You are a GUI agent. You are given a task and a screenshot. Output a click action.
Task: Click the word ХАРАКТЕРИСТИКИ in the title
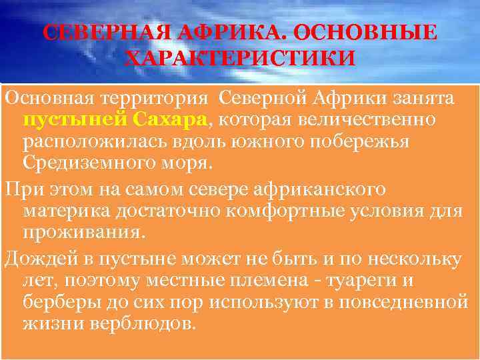pos(240,59)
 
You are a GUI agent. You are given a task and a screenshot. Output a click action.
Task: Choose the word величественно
pos(360,120)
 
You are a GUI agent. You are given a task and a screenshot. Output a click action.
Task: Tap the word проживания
pos(81,232)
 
